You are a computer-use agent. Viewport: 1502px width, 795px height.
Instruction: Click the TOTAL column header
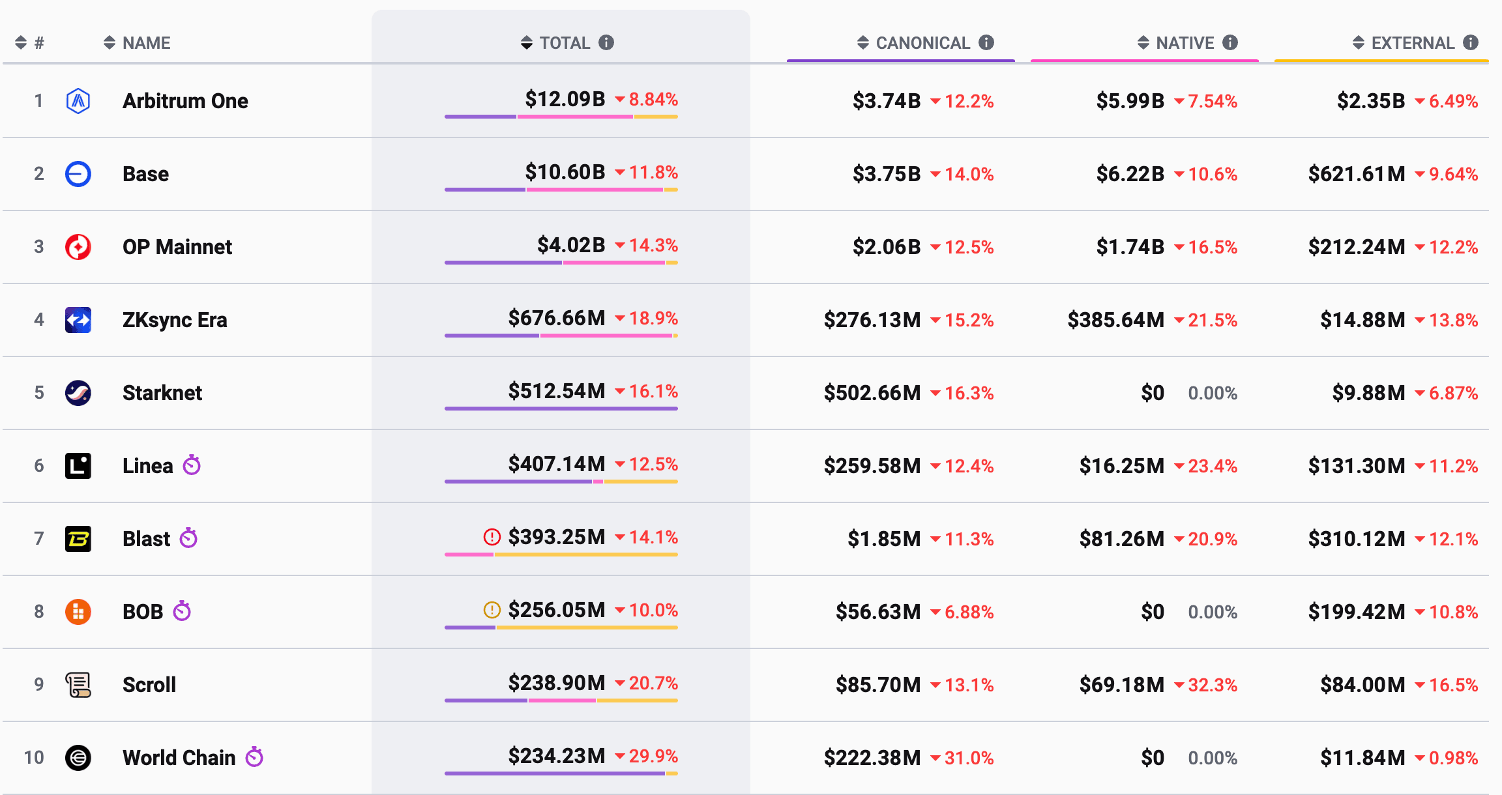tap(565, 43)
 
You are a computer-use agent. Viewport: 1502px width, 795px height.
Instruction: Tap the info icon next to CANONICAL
tap(986, 42)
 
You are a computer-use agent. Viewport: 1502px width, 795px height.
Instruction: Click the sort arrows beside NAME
tap(110, 43)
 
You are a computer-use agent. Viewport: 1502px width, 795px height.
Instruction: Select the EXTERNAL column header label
tap(1413, 43)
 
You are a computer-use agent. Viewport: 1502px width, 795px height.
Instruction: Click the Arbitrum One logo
tap(78, 101)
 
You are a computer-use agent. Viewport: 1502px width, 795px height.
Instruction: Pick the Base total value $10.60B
tap(565, 172)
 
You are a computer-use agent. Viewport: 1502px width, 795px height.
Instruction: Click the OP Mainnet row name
tap(177, 247)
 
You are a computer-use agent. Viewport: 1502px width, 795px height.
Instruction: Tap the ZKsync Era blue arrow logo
tap(78, 320)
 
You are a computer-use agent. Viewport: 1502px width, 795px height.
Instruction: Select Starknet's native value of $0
tap(1153, 393)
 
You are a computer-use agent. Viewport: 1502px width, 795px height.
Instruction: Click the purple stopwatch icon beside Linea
tap(192, 465)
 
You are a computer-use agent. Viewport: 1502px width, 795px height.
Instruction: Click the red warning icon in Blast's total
tap(492, 537)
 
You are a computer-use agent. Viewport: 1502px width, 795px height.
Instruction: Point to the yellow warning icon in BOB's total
tap(492, 610)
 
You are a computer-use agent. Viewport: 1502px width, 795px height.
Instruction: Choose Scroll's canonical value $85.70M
tap(878, 685)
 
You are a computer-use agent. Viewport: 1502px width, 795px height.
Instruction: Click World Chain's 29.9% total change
tap(653, 756)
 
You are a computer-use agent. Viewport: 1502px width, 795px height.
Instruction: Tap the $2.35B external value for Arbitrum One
tap(1371, 101)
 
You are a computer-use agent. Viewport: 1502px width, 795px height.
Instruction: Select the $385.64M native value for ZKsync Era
tap(1115, 320)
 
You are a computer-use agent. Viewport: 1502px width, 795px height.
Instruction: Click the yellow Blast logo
tap(78, 539)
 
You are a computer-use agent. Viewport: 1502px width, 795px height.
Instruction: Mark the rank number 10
tap(34, 758)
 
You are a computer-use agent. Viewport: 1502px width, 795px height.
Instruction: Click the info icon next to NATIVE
tap(1230, 42)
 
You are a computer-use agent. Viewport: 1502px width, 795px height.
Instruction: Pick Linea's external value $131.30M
tap(1357, 466)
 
